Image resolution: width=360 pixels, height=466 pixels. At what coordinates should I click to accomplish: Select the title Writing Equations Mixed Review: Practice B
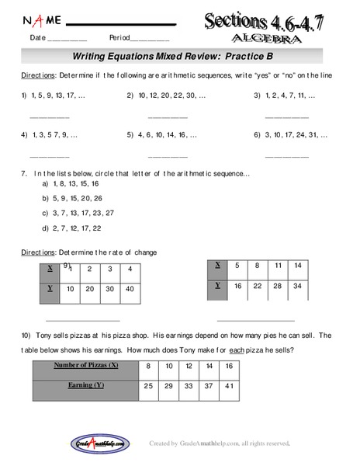click(x=179, y=56)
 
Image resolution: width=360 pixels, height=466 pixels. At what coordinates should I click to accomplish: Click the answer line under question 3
click(x=286, y=116)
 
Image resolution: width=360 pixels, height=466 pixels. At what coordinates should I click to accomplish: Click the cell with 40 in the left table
click(x=130, y=289)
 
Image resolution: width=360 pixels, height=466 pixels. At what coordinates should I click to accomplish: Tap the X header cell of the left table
click(x=50, y=269)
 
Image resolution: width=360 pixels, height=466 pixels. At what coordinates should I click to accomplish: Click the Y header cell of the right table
click(x=217, y=286)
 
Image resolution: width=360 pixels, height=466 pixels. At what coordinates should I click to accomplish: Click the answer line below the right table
click(x=255, y=320)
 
